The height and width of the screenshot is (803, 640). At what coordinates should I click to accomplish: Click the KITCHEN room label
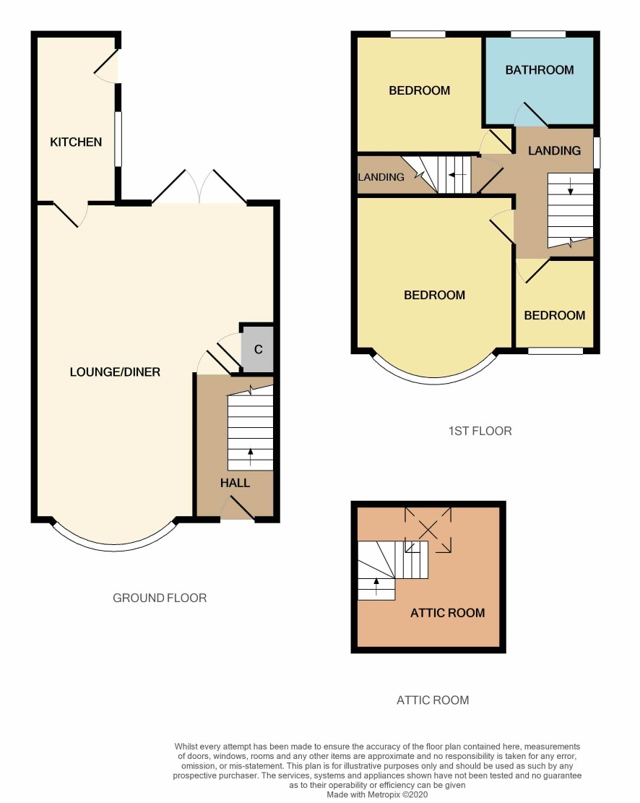point(76,142)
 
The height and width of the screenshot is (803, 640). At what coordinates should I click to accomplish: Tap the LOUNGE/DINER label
point(115,372)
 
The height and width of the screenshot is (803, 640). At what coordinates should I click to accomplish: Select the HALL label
point(235,483)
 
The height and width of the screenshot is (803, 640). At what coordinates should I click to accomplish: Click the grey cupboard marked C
point(258,349)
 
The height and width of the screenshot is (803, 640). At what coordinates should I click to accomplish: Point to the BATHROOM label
point(540,70)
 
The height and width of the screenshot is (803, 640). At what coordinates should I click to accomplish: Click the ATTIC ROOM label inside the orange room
point(447,613)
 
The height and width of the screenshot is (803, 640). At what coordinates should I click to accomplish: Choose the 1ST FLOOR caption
point(480,431)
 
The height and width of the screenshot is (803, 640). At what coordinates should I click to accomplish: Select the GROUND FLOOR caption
point(160,598)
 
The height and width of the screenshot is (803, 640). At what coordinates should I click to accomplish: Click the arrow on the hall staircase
point(251,457)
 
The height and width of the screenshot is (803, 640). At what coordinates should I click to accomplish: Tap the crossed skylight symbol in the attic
point(428,530)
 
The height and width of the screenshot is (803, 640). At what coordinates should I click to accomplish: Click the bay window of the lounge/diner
point(115,545)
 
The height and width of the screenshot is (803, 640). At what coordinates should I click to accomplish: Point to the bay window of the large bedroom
point(434,378)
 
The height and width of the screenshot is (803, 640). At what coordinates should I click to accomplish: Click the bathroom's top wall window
point(538,34)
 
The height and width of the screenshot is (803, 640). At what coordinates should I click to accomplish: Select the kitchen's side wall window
point(118,139)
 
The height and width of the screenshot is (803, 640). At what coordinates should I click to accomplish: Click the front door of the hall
point(238,510)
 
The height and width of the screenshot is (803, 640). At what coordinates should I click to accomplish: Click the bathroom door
point(531,113)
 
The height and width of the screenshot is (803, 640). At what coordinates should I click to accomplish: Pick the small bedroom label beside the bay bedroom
point(555,315)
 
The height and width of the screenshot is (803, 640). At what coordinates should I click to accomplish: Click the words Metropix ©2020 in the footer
point(397,795)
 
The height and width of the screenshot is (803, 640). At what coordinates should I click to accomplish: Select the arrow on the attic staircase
point(377,586)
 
